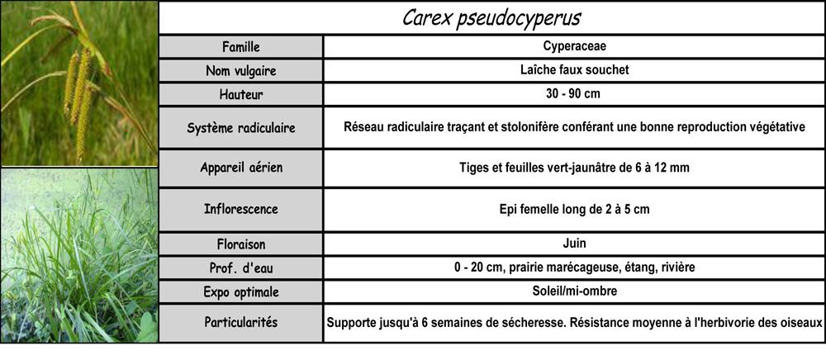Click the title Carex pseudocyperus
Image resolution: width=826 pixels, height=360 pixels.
[x=491, y=18]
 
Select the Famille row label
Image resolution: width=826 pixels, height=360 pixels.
[x=240, y=46]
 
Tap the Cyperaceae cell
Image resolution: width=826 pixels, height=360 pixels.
[x=574, y=46]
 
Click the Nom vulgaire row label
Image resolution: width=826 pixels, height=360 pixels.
[x=240, y=71]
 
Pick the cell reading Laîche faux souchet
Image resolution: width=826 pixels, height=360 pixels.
[x=574, y=70]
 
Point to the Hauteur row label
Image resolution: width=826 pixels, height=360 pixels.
[x=240, y=94]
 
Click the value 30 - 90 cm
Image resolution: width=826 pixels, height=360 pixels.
[x=574, y=93]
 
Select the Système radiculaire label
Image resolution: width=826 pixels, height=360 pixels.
[x=240, y=128]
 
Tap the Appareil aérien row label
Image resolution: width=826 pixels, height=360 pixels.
[x=240, y=168]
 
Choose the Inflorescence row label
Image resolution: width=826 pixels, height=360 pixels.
[x=240, y=209]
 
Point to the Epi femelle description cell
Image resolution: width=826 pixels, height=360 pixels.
[x=574, y=209]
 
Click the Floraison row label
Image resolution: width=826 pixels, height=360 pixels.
[x=240, y=245]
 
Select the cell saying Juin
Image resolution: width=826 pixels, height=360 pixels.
[x=574, y=244]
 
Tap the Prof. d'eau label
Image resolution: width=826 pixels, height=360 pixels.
[x=240, y=268]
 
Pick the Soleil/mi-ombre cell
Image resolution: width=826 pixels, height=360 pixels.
[x=574, y=292]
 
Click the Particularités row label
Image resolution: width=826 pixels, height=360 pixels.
[x=240, y=322]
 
